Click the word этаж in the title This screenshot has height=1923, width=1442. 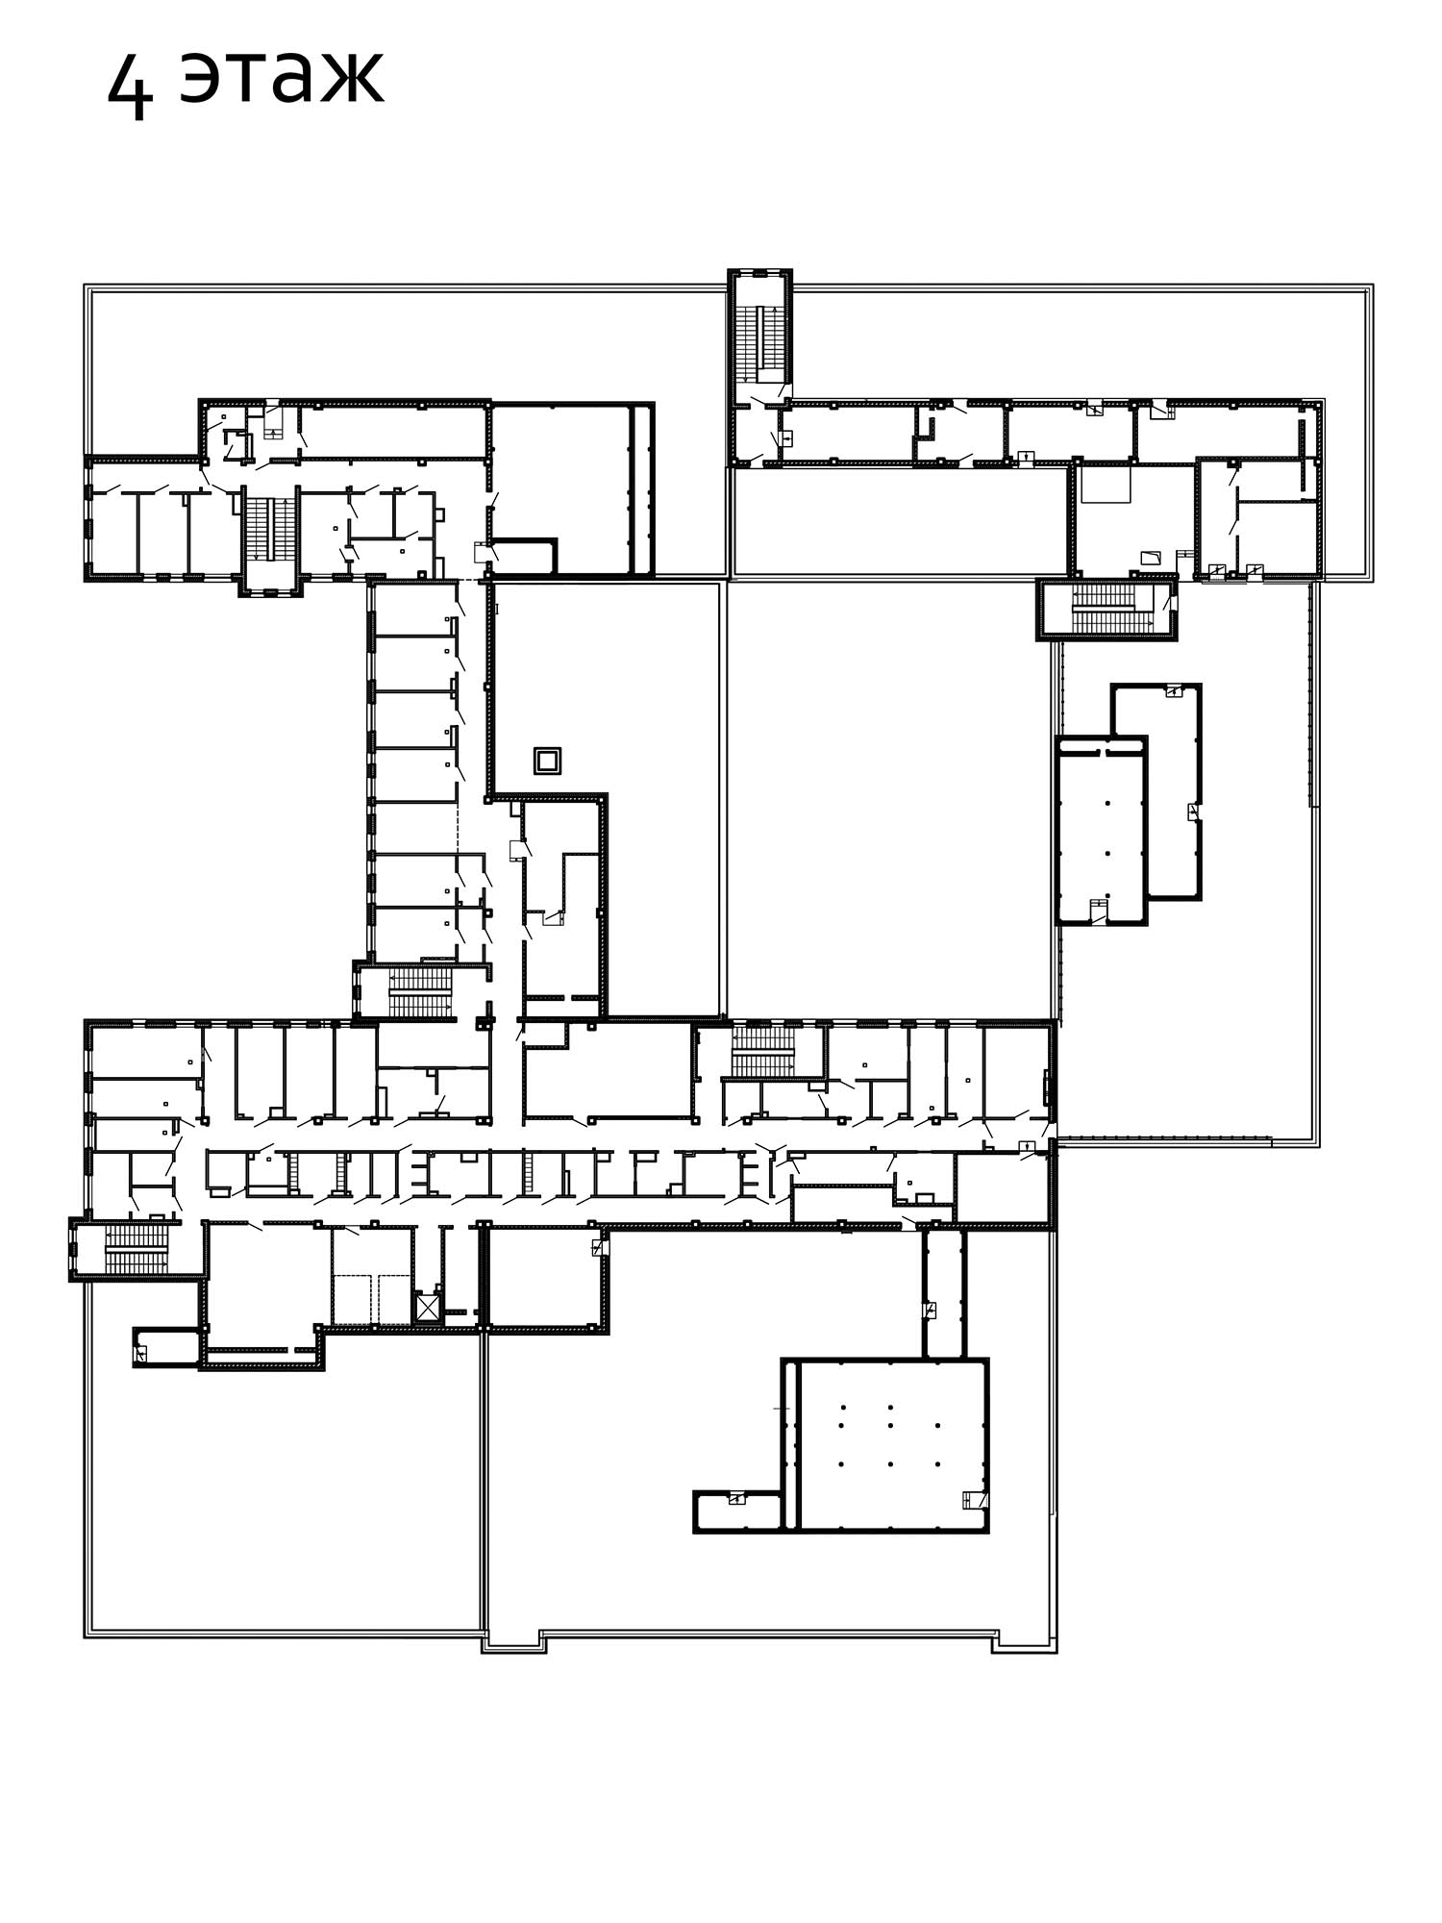[x=282, y=76]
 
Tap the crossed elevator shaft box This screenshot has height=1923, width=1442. [x=427, y=1308]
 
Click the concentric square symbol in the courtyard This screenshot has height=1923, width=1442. [x=547, y=761]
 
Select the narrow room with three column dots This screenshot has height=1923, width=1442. [x=1102, y=831]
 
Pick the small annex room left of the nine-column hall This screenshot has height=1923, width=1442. [x=738, y=1511]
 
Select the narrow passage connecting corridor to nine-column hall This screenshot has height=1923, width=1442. [x=944, y=1293]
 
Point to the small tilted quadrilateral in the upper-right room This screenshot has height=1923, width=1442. [x=1152, y=557]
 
